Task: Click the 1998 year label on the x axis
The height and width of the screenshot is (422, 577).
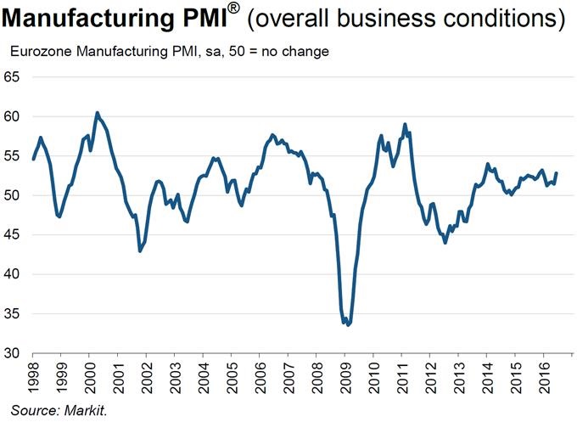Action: [x=32, y=374]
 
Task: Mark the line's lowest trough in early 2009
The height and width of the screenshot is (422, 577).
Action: [x=348, y=324]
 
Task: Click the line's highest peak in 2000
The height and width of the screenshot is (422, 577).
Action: [x=97, y=112]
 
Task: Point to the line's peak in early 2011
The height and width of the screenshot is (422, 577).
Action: [x=405, y=124]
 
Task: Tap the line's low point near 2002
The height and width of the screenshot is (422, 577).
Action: [x=140, y=250]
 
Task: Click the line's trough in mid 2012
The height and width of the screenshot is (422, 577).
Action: [x=445, y=243]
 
